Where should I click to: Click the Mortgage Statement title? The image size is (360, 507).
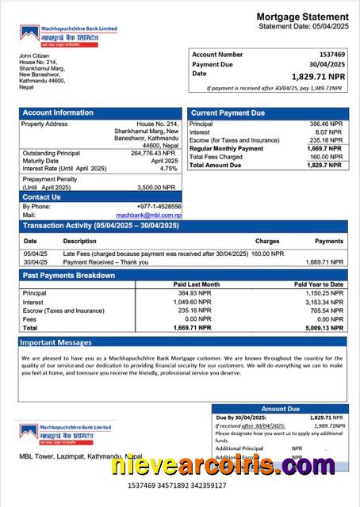coord(302,17)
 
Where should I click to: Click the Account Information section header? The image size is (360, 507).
coord(58,113)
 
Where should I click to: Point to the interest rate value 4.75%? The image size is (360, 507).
coord(168,169)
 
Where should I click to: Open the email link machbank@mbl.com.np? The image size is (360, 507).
coord(149,215)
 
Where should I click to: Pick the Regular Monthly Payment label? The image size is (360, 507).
coord(227,149)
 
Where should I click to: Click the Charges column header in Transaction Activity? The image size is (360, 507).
coord(267,241)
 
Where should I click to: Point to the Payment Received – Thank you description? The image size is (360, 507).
coord(105,262)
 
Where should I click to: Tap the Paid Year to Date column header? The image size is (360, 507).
coord(319,284)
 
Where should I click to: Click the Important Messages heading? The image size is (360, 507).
coord(58,343)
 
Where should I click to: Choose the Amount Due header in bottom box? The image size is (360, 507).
coord(280,409)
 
